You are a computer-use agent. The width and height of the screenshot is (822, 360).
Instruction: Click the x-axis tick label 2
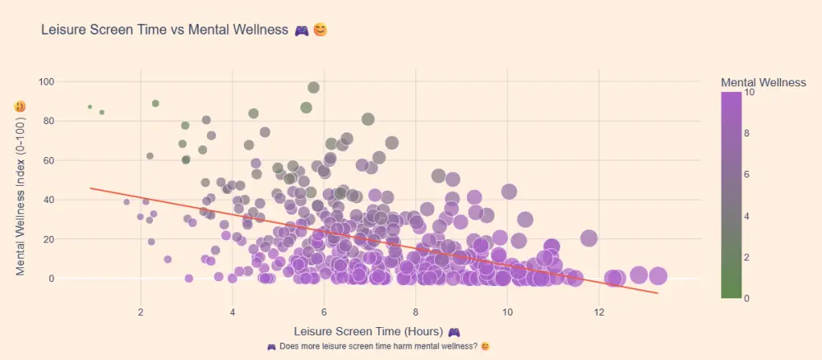141,312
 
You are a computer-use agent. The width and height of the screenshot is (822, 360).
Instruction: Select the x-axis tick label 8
416,312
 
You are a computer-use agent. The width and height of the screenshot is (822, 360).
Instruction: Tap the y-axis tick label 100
45,81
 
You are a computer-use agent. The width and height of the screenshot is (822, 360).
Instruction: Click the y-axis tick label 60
48,160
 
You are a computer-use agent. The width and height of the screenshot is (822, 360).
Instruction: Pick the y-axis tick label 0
50,279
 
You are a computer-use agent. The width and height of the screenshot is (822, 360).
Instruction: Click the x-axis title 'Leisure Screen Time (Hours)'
367,331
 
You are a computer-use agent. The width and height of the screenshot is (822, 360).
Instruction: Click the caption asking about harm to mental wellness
378,346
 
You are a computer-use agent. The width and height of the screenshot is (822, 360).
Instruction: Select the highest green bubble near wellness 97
313,88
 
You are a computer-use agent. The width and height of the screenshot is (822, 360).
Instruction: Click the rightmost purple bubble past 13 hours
658,276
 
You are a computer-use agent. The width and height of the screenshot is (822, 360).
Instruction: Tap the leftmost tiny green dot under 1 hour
90,107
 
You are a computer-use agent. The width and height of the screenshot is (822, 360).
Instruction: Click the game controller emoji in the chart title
302,30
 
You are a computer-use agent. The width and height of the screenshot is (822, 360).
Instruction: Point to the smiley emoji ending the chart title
321,30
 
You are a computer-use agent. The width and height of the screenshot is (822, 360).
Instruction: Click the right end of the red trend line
658,293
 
